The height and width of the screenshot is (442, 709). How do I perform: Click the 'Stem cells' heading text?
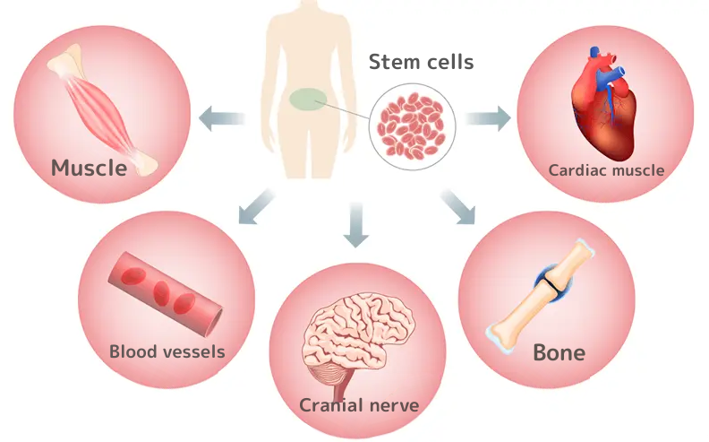click(421, 63)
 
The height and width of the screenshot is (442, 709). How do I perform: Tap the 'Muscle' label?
click(89, 167)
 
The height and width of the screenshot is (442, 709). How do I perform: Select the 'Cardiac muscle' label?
click(606, 169)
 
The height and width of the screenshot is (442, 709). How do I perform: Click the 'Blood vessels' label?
click(167, 351)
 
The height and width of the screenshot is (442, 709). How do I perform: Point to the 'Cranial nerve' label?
click(359, 405)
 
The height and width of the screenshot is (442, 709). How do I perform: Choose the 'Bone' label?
click(559, 351)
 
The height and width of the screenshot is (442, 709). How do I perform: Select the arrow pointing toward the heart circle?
click(488, 117)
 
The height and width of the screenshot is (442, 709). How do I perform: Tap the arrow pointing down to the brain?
click(355, 225)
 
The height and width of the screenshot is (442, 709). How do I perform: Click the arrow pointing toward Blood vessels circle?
click(257, 205)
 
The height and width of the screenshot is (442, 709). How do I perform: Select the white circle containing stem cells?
click(413, 125)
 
